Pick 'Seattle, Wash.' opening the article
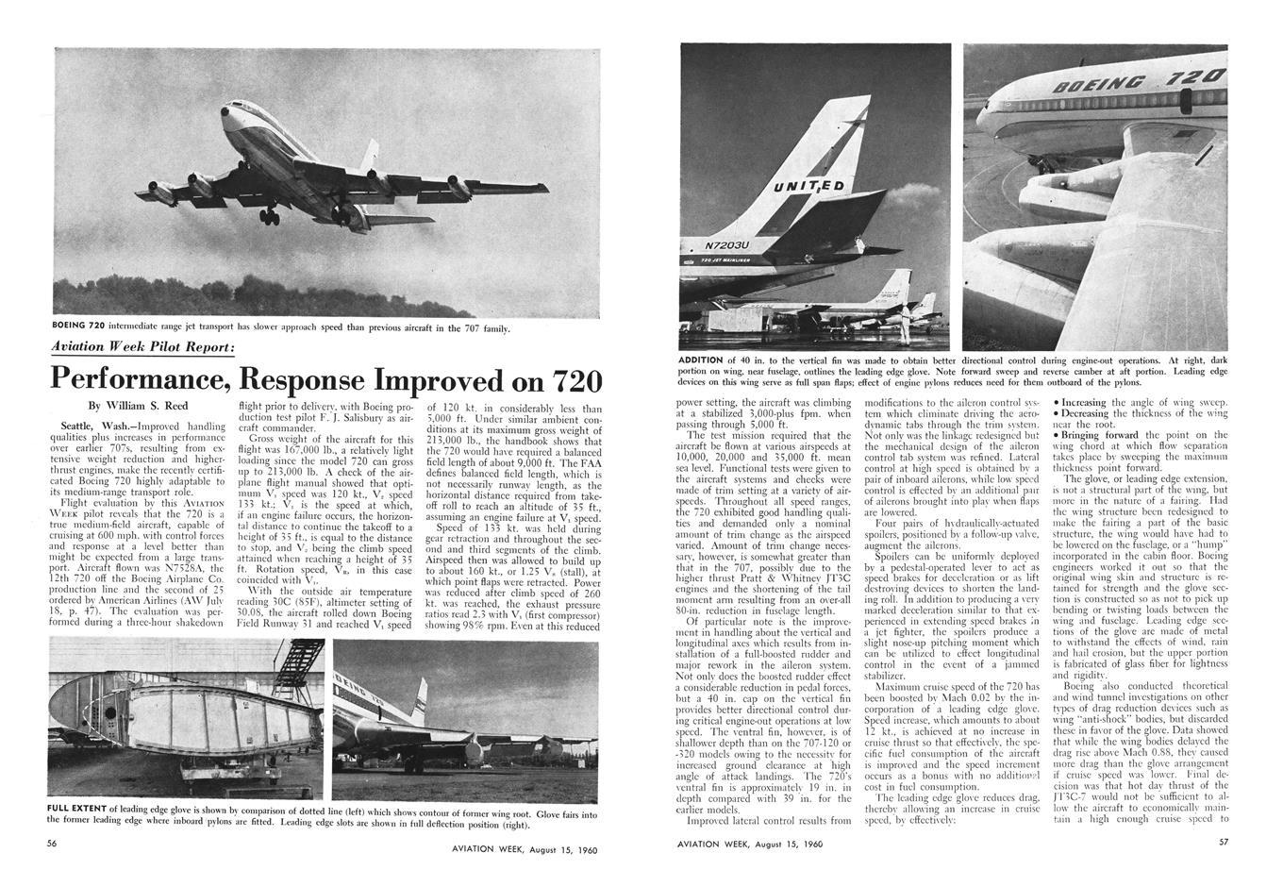coord(92,427)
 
